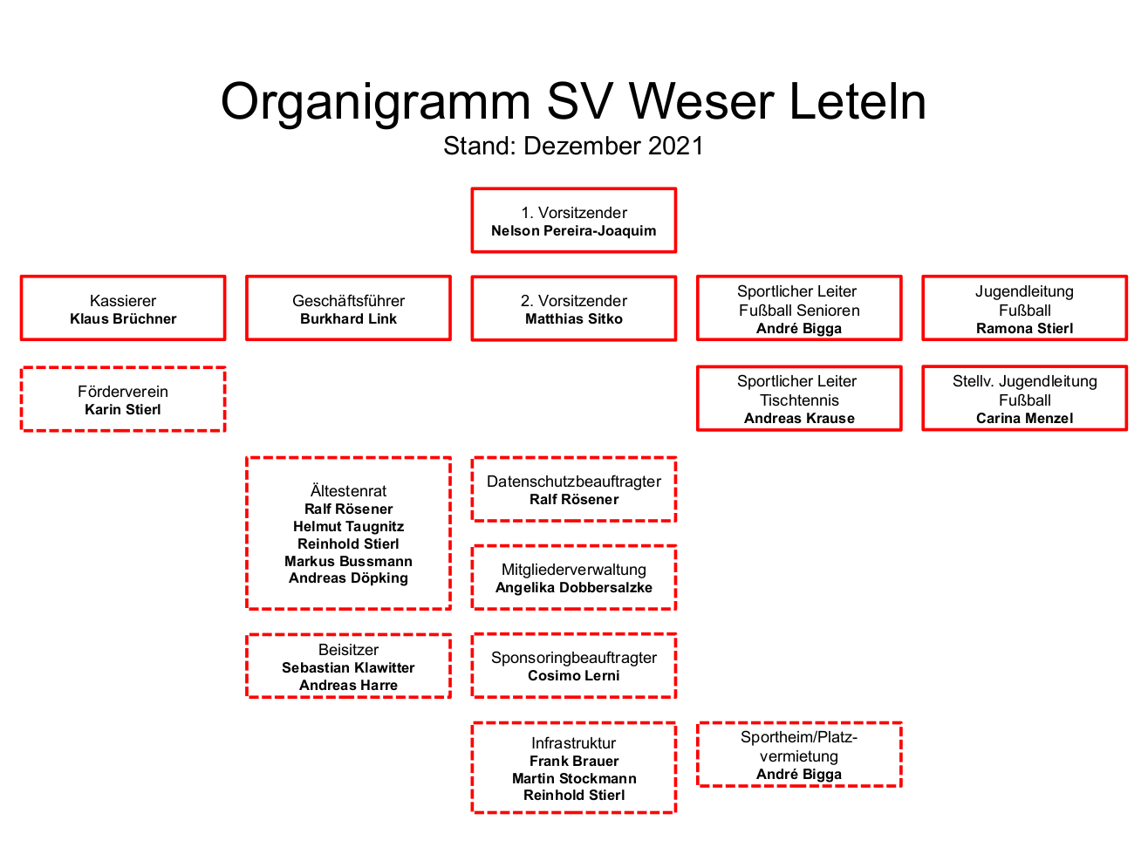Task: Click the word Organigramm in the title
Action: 375,103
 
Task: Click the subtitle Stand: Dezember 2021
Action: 573,146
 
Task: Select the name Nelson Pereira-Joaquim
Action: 573,230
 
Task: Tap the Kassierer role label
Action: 123,301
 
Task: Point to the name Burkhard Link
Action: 348,318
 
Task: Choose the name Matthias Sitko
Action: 574,318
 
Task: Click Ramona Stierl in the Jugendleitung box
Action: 1024,328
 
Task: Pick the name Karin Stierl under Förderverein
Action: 123,409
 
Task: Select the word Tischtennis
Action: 799,400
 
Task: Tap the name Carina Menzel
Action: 1024,418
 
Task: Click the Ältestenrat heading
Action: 348,490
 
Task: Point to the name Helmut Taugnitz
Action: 348,526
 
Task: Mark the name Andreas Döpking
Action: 348,577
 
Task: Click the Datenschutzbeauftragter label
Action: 574,482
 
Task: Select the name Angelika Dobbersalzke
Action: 574,588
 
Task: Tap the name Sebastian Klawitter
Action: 348,667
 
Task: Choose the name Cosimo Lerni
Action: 574,675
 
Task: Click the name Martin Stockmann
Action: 574,778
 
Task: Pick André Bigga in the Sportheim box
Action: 799,775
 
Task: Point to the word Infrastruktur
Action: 574,743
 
